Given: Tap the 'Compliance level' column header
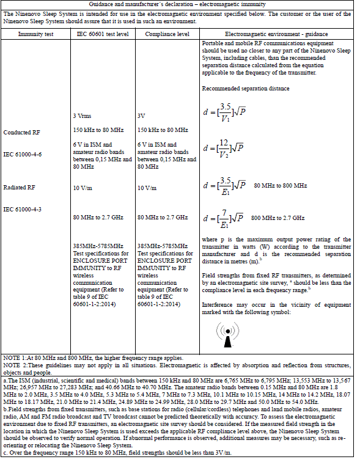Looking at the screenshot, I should pos(166,35).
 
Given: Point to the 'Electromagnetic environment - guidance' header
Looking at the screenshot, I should pos(276,35).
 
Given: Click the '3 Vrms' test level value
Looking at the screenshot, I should pos(85,116).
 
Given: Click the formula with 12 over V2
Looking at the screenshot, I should pos(223,148).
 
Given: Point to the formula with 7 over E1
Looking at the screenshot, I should pos(223,218).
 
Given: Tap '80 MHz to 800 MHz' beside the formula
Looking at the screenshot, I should pos(281,185).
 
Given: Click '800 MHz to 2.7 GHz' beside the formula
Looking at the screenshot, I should pos(278,218).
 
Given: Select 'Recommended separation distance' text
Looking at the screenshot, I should pos(245,89).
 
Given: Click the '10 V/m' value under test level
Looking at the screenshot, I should pos(84,188).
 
